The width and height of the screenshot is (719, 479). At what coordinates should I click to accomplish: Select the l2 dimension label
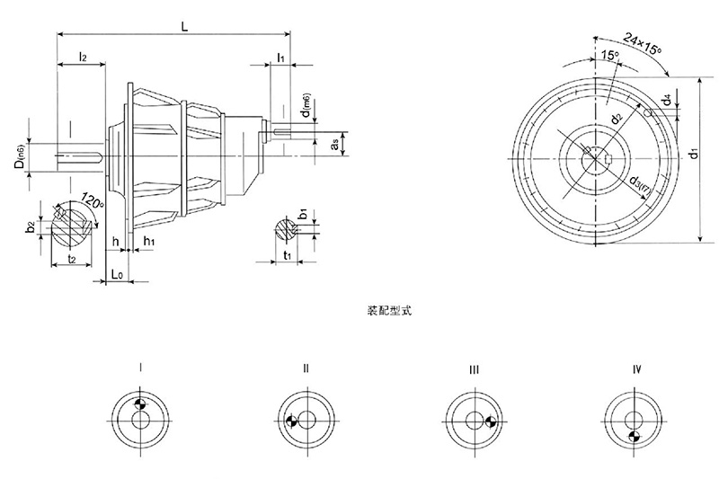tap(82, 57)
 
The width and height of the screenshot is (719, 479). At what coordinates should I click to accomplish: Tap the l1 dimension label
tap(280, 58)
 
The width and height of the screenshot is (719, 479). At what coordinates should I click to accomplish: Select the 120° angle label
tap(93, 198)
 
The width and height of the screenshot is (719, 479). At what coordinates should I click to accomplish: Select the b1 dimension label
tap(303, 216)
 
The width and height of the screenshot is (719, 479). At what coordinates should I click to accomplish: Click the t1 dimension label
tap(285, 255)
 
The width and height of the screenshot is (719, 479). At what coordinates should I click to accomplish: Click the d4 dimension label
tap(666, 101)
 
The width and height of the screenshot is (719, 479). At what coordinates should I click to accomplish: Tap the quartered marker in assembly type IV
tap(634, 436)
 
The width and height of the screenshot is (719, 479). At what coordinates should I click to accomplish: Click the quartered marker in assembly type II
tap(292, 420)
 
